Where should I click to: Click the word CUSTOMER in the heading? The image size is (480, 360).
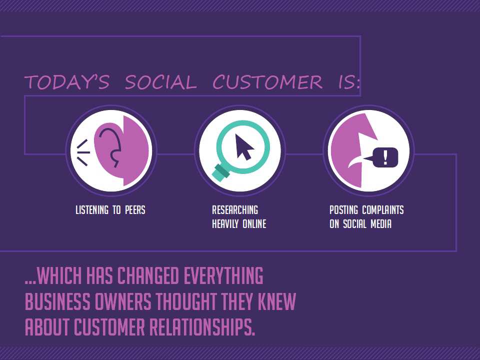[x=267, y=82]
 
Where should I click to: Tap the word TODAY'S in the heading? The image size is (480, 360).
[x=66, y=82]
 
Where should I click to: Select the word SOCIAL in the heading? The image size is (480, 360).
[x=160, y=82]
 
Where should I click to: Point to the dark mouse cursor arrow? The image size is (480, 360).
[x=244, y=147]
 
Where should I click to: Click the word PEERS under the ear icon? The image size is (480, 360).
[x=135, y=210]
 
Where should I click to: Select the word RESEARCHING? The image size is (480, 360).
[x=235, y=210]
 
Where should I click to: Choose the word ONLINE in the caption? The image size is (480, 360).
[x=254, y=224]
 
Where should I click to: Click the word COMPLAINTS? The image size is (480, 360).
[x=383, y=210]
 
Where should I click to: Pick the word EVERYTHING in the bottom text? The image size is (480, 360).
[x=223, y=275]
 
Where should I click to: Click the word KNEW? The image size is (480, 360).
[x=276, y=301]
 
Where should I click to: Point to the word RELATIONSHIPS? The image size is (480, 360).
[x=202, y=326]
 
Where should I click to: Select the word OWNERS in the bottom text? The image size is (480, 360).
[x=123, y=301]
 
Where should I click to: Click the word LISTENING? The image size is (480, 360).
[x=92, y=210]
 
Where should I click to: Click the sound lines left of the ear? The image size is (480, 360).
[x=83, y=152]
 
